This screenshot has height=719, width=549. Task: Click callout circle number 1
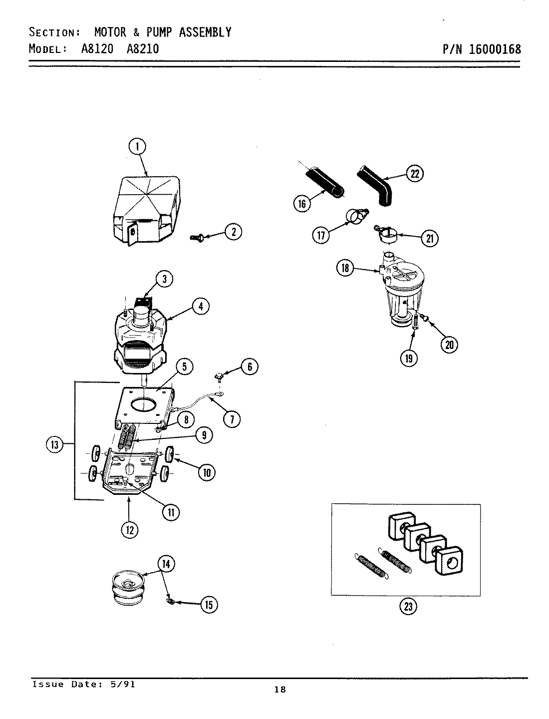click(x=137, y=147)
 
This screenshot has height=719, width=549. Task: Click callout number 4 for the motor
click(x=200, y=306)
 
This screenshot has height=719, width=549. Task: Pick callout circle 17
click(x=321, y=235)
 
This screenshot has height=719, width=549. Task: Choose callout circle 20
click(x=450, y=345)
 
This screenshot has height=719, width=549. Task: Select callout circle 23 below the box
click(x=408, y=606)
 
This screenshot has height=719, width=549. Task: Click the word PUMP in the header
click(x=160, y=32)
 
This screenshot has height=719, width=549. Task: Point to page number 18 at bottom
click(x=280, y=690)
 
